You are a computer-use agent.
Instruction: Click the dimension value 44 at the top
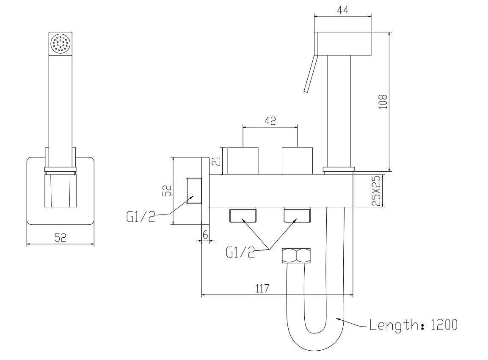pos(342,10)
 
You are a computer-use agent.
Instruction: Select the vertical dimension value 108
pos(383,102)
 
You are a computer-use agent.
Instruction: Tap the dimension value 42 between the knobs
pos(270,121)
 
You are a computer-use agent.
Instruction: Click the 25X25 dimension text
pos(376,191)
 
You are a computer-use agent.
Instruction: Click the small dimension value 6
pos(205,235)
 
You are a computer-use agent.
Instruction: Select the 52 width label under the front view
pos(61,238)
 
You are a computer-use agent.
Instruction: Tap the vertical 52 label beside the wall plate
pos(168,191)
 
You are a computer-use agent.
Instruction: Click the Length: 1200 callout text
pos(414,325)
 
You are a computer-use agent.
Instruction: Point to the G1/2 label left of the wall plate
pos(141,217)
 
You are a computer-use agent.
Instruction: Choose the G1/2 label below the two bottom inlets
pos(240,252)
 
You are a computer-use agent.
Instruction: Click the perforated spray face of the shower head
pos(61,44)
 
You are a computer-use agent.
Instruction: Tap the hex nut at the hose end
pos(296,256)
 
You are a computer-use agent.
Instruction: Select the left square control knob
pos(243,161)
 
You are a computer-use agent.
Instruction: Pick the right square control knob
pos(297,161)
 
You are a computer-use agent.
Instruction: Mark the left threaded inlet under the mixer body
pos(243,215)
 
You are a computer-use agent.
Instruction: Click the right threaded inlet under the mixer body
pos(298,215)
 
